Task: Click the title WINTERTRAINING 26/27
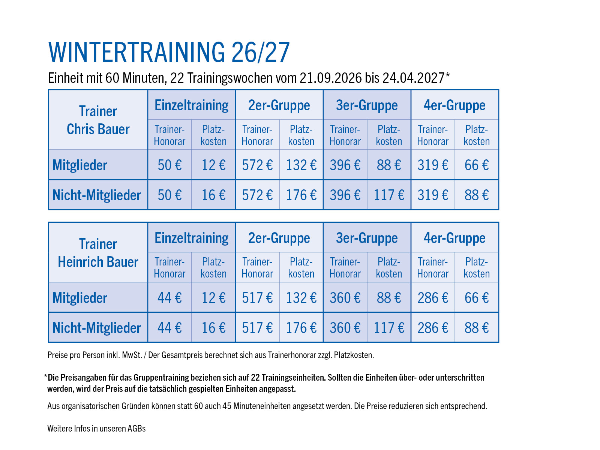[169, 52]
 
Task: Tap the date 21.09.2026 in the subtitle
[331, 78]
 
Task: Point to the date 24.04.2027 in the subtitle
[414, 78]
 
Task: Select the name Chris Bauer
[98, 129]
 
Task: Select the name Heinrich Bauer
[98, 262]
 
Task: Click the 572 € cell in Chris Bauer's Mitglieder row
[257, 165]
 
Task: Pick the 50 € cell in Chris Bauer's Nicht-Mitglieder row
[169, 195]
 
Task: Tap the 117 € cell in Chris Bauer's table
[389, 195]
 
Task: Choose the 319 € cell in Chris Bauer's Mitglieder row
[433, 165]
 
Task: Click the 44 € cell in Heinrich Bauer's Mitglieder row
[169, 298]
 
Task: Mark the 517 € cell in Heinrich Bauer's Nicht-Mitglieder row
[257, 328]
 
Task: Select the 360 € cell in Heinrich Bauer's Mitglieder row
[345, 298]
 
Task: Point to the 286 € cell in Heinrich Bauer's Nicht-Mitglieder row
[433, 328]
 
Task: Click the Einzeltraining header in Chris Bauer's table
[191, 106]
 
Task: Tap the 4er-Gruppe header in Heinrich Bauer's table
[454, 238]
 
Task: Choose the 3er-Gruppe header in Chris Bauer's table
[367, 106]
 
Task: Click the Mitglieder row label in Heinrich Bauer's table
[79, 298]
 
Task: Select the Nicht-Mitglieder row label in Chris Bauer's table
[96, 195]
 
